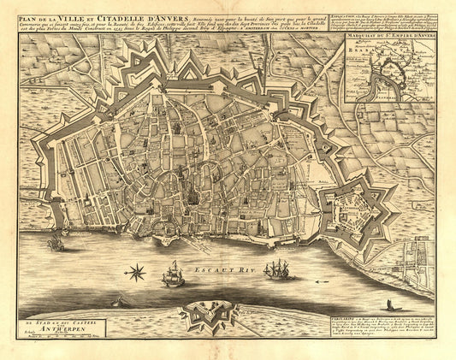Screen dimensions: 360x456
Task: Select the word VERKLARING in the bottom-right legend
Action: point(343,314)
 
